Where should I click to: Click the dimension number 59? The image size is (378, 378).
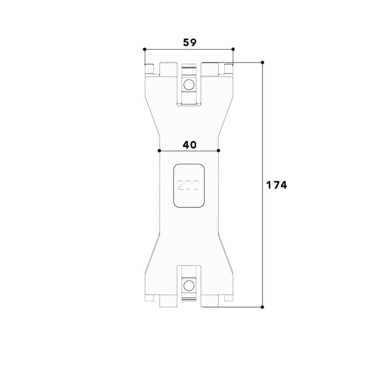click(x=190, y=43)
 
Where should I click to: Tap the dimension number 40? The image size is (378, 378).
click(x=190, y=145)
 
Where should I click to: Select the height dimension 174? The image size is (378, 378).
click(x=276, y=185)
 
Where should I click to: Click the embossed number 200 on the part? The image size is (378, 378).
click(x=188, y=185)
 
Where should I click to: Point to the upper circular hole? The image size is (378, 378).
click(x=189, y=85)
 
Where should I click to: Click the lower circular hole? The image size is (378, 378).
click(x=189, y=286)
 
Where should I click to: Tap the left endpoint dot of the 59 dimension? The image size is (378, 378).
click(x=145, y=50)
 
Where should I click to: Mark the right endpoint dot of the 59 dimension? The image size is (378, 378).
click(x=233, y=49)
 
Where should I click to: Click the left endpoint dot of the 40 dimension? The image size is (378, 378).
click(x=159, y=151)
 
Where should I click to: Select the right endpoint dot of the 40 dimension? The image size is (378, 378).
click(x=218, y=151)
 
